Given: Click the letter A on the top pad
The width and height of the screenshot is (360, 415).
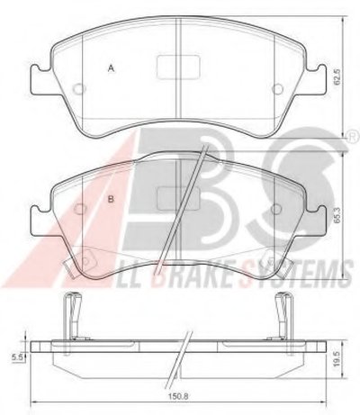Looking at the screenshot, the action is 112,68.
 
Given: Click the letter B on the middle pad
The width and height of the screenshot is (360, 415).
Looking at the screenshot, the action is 111,199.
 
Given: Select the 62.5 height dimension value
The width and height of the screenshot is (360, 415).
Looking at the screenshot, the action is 338,77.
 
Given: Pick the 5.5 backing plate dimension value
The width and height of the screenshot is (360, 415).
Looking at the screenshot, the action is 16,357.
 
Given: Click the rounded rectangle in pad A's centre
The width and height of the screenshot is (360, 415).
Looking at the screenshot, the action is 179,68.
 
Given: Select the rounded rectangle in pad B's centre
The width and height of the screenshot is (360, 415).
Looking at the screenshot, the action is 179,198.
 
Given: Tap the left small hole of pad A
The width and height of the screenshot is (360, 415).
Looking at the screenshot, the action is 79,89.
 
